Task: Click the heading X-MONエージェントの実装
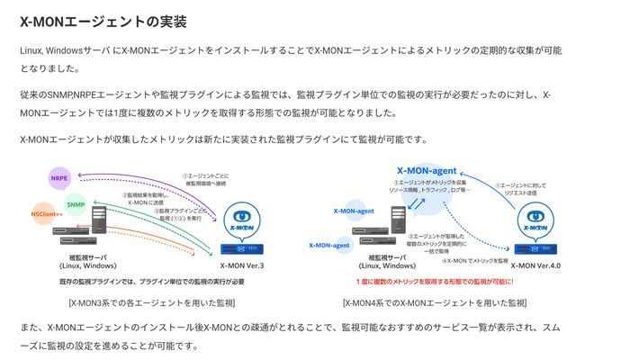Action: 109,22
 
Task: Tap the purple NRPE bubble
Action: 59,178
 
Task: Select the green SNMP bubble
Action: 76,204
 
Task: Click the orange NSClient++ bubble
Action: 46,214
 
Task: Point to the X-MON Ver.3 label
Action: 242,265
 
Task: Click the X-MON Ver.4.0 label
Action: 535,265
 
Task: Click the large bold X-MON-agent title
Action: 427,170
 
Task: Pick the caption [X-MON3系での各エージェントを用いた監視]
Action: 151,302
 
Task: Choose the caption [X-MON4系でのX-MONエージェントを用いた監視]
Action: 427,302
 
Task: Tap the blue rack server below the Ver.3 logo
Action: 242,248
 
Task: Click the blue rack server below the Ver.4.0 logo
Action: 535,248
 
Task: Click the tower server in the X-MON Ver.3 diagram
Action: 98,219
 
